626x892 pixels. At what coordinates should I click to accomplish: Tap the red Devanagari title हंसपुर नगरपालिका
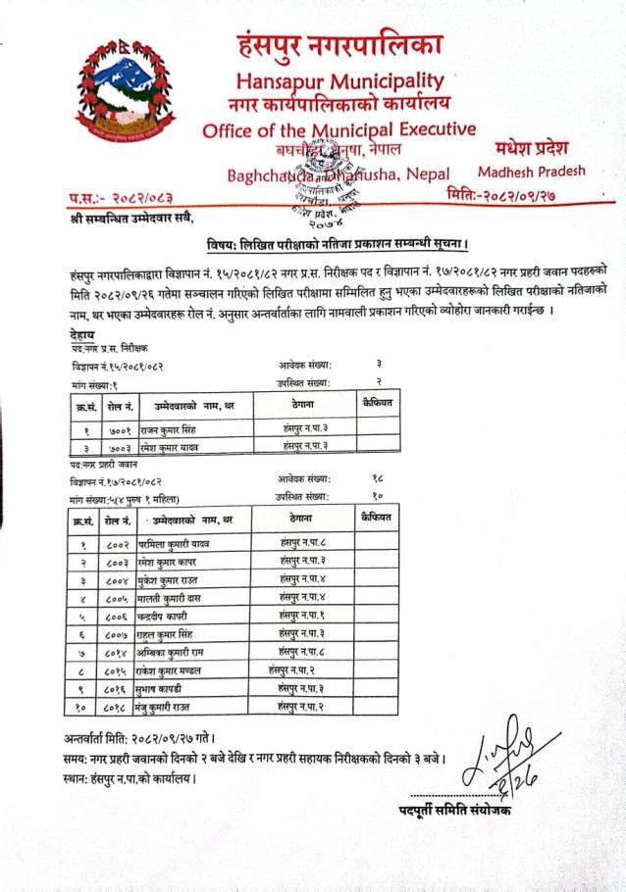[x=339, y=44]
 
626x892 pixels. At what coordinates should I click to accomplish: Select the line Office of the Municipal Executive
[x=339, y=129]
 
